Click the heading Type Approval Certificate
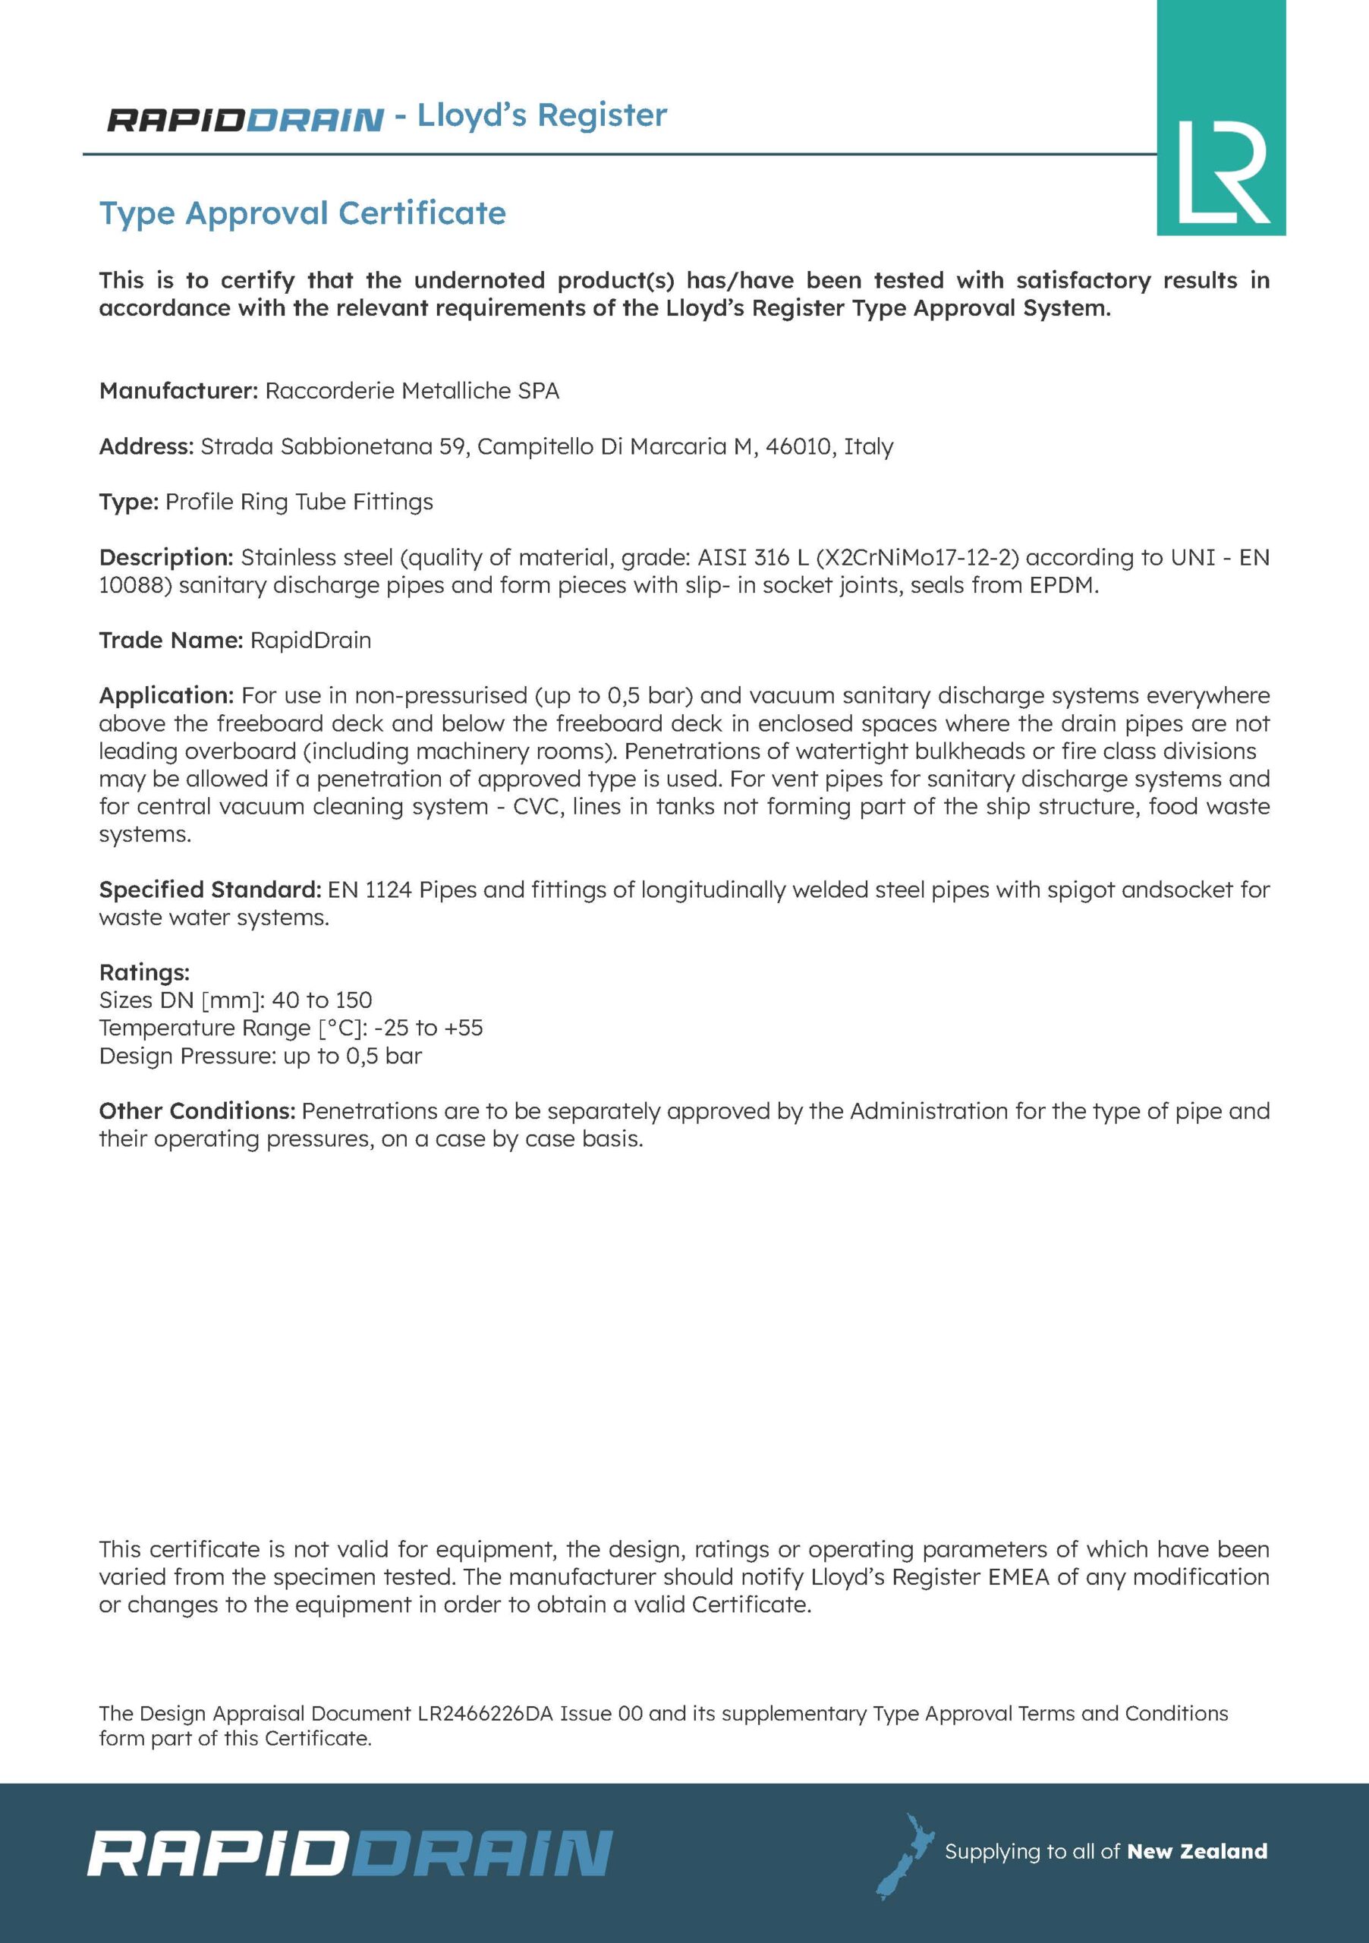pyautogui.click(x=302, y=213)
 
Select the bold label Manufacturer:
pyautogui.click(x=178, y=391)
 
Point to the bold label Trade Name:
pyautogui.click(x=171, y=640)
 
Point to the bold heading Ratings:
pyautogui.click(x=144, y=972)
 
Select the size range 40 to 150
pyautogui.click(x=322, y=1000)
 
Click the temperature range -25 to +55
pyautogui.click(x=428, y=1028)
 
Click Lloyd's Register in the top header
pyautogui.click(x=542, y=115)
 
